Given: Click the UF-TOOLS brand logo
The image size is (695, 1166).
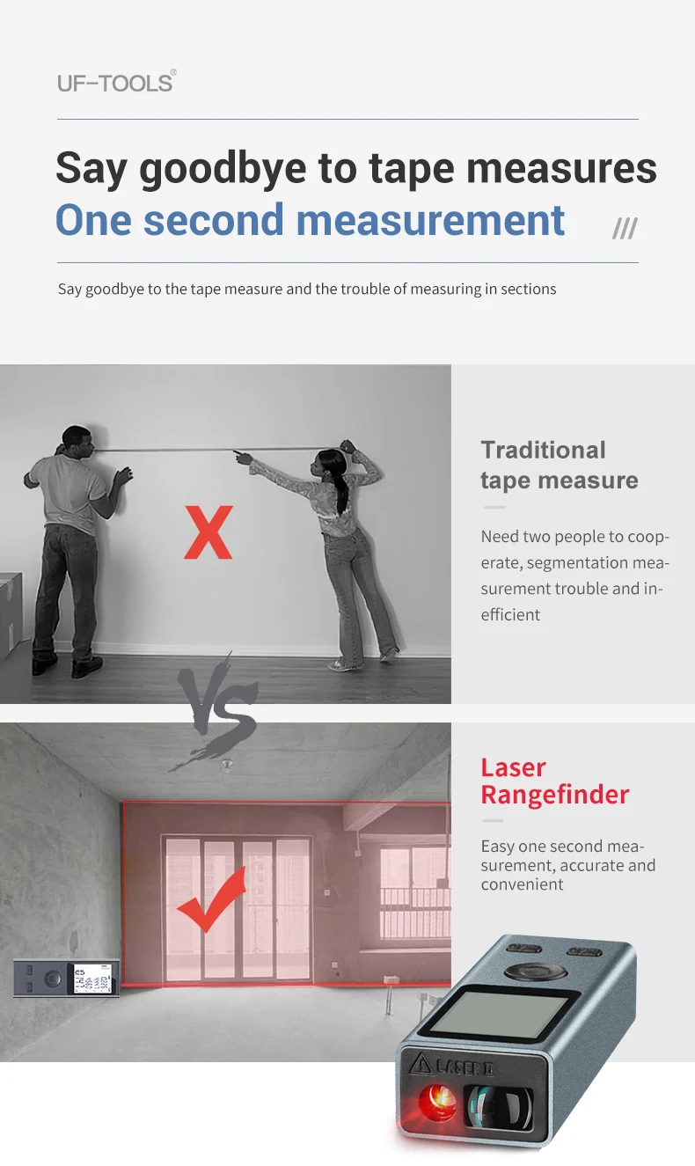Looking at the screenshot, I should (x=116, y=83).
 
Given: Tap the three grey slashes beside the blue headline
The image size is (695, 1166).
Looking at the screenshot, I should (x=625, y=229).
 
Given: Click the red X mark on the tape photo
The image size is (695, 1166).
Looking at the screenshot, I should (x=208, y=532).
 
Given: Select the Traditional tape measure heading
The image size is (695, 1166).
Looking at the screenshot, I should (x=559, y=465).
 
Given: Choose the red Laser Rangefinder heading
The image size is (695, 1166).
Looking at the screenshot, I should (x=554, y=781).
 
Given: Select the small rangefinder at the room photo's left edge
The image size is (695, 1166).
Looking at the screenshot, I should (x=66, y=978).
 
